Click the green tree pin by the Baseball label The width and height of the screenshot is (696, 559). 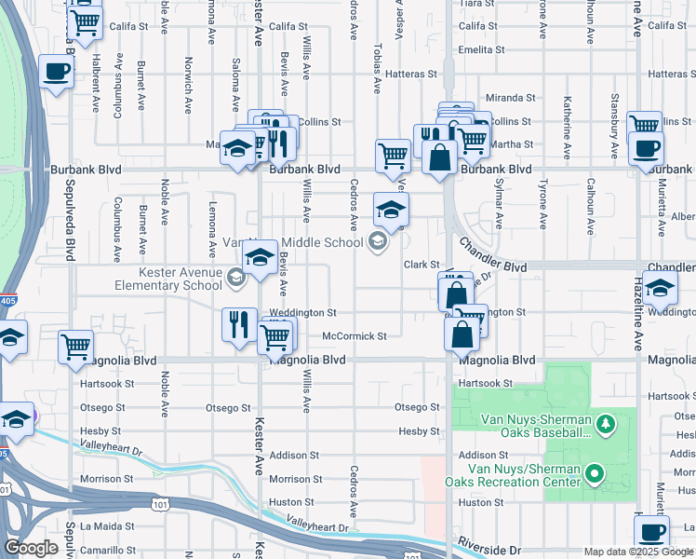(606, 425)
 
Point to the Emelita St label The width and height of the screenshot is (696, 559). (481, 49)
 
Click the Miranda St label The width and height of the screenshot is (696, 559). (511, 97)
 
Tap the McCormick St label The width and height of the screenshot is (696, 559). (354, 335)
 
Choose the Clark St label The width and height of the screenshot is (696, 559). (421, 265)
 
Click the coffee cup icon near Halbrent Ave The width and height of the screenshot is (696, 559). (56, 73)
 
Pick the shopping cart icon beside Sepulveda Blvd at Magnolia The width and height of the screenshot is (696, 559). (76, 347)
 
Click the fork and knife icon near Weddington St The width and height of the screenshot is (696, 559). (239, 324)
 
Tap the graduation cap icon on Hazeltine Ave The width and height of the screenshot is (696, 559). (660, 289)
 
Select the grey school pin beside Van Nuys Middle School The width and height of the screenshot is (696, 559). (377, 243)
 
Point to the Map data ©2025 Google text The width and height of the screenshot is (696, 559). (637, 552)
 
